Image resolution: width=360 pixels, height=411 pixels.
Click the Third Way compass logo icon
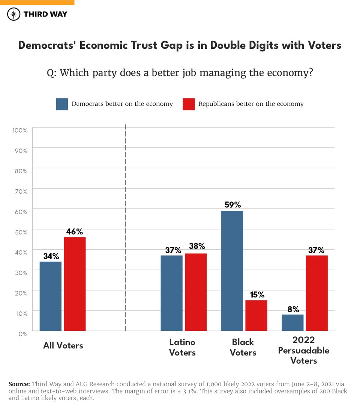(x=14, y=14)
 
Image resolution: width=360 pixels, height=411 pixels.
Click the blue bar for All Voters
(x=51, y=296)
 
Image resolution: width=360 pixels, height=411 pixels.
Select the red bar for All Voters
(x=75, y=284)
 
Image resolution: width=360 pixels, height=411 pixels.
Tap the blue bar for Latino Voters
(x=172, y=293)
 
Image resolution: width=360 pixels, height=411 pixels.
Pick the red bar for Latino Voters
(x=196, y=292)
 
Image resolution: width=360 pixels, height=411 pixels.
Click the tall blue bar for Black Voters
(x=232, y=271)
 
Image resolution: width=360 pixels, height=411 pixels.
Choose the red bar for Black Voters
(x=256, y=315)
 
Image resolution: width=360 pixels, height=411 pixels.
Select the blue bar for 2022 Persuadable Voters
(x=292, y=322)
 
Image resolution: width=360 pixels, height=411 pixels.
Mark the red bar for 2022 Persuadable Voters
(x=317, y=293)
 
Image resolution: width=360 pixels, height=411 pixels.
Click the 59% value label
(x=232, y=205)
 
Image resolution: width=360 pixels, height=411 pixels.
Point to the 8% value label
(x=293, y=309)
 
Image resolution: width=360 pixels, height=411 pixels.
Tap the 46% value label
(x=74, y=232)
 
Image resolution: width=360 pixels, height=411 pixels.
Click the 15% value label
(x=256, y=295)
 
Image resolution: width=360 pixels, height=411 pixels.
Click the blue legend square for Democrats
(x=62, y=104)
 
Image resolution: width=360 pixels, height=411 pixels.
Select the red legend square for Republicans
(x=189, y=104)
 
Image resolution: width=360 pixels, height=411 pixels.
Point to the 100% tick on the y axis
(x=20, y=130)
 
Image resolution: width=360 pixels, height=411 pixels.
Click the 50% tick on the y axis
(x=21, y=232)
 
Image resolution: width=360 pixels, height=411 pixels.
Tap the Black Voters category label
(x=243, y=347)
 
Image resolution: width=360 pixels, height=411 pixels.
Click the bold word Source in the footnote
(x=19, y=384)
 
